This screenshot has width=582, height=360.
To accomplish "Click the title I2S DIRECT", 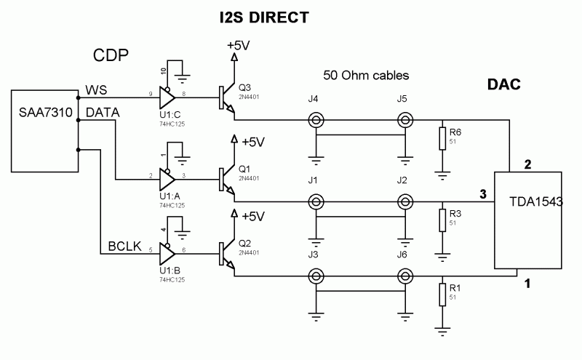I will tap(264, 16).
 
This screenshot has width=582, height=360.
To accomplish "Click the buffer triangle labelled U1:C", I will tap(167, 95).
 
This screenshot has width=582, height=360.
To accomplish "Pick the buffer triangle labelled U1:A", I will tap(167, 177).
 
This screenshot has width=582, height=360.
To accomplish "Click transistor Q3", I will tap(227, 98).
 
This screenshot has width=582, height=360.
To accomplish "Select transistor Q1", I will tap(227, 178).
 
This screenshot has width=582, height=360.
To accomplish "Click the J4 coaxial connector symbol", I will tap(316, 121).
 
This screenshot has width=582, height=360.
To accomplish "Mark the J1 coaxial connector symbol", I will tap(316, 201).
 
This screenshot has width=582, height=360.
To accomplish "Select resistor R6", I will tap(442, 138).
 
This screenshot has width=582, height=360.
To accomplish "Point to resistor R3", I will tap(442, 220).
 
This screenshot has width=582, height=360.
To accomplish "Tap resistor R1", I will tap(442, 295).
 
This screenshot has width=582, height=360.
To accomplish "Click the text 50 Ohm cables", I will tap(366, 75).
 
